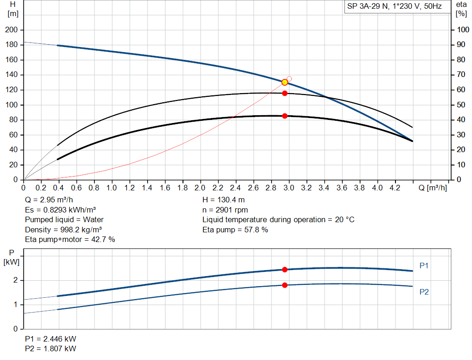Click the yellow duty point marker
(x=285, y=82)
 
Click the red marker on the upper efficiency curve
(x=285, y=93)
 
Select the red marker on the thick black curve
(x=285, y=116)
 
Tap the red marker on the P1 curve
(x=285, y=270)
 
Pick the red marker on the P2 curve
(x=285, y=285)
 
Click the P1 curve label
(x=424, y=266)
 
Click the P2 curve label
(x=424, y=292)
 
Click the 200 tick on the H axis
(x=11, y=30)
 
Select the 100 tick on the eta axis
(x=462, y=30)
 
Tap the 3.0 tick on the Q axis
(x=289, y=188)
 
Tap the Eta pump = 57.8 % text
(x=235, y=230)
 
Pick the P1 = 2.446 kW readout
(x=51, y=339)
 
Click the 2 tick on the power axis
(x=15, y=280)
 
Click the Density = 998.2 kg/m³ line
(x=64, y=230)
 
